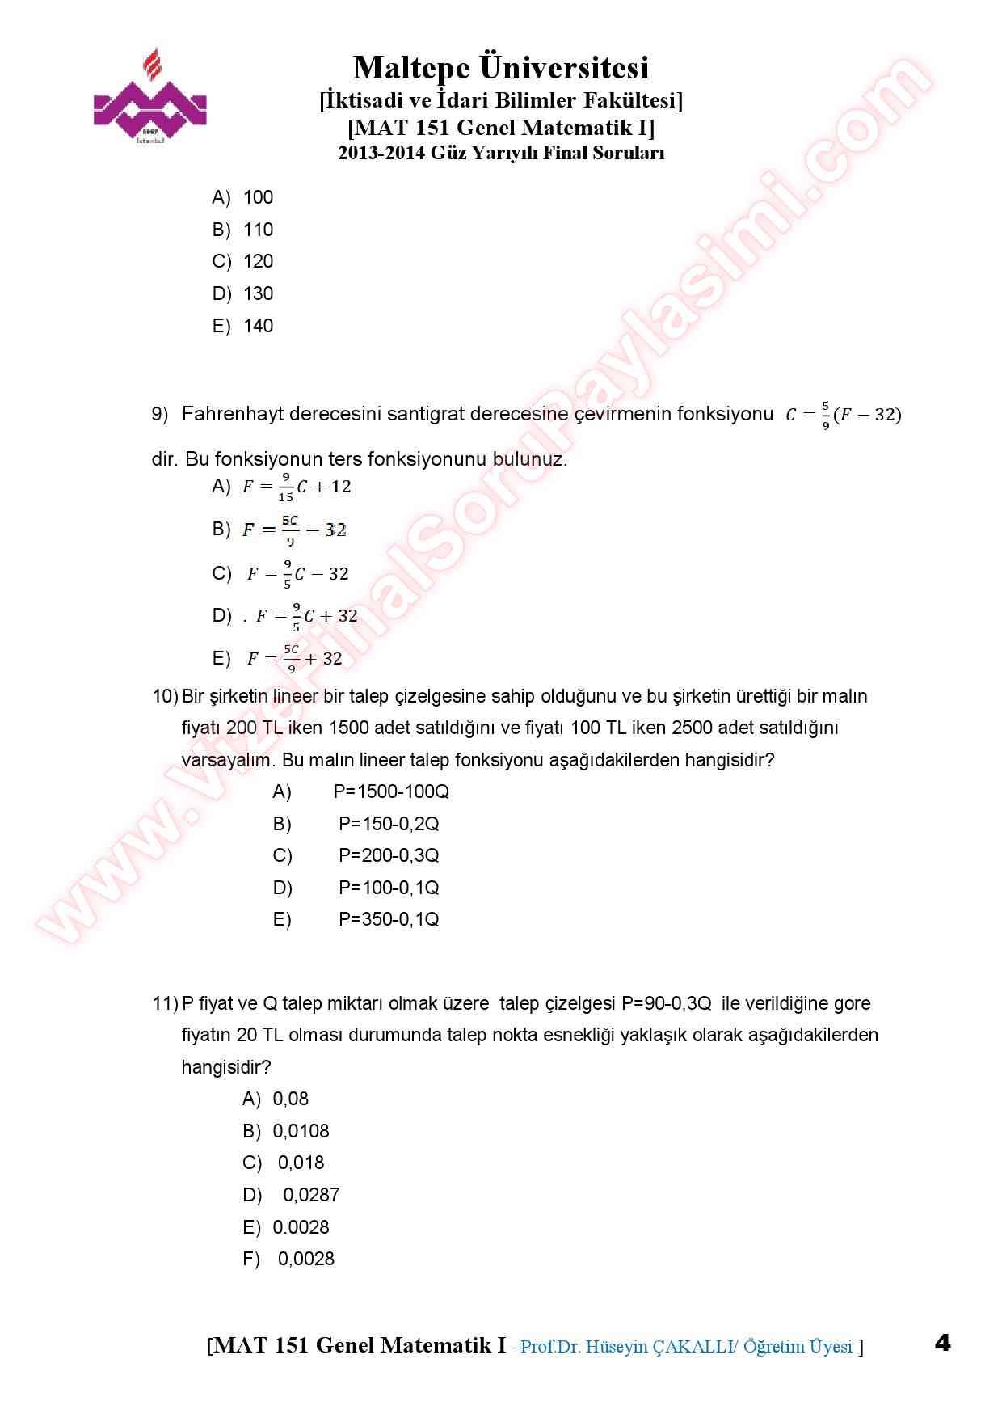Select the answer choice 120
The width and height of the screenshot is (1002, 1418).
pos(258,262)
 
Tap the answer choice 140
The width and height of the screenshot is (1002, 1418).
pos(258,327)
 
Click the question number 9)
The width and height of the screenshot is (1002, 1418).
pos(160,415)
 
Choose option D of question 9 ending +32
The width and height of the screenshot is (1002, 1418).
pos(306,616)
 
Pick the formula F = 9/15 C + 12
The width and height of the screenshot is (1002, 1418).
pos(297,487)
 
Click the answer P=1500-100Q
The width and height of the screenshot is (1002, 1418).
pos(391,792)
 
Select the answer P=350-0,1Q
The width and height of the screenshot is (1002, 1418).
pos(389,920)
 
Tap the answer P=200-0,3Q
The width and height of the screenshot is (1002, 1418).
pos(389,856)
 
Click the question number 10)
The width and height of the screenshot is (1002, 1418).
pos(165,697)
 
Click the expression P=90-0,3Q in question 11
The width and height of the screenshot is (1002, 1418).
pos(667,1004)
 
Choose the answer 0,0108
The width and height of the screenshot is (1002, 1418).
pos(301,1132)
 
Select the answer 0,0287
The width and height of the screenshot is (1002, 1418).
pos(311,1196)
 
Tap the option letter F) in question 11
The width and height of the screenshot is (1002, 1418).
pos(251,1260)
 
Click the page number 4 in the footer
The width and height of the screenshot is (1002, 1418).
pos(942,1344)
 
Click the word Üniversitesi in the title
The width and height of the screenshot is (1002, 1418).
pos(565,68)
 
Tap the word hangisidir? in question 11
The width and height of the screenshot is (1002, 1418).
pos(226,1068)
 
